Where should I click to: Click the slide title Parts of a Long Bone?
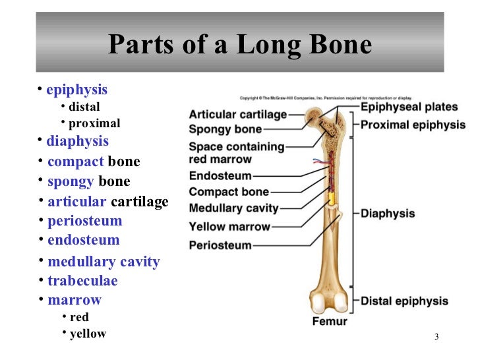239,45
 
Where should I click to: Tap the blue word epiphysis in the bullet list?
76,90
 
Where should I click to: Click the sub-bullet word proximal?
94,123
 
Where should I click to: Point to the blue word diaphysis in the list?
77,141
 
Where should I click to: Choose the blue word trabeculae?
82,281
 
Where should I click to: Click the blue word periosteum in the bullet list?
84,221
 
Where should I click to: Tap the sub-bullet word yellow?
88,334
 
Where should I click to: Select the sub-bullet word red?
79,317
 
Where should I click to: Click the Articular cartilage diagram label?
237,115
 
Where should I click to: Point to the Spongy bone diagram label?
225,129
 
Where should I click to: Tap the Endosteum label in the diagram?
220,176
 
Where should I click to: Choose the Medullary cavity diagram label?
233,208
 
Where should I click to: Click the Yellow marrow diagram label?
229,227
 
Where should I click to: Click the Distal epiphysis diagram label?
404,301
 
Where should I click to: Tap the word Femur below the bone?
329,322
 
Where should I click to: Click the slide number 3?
436,338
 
